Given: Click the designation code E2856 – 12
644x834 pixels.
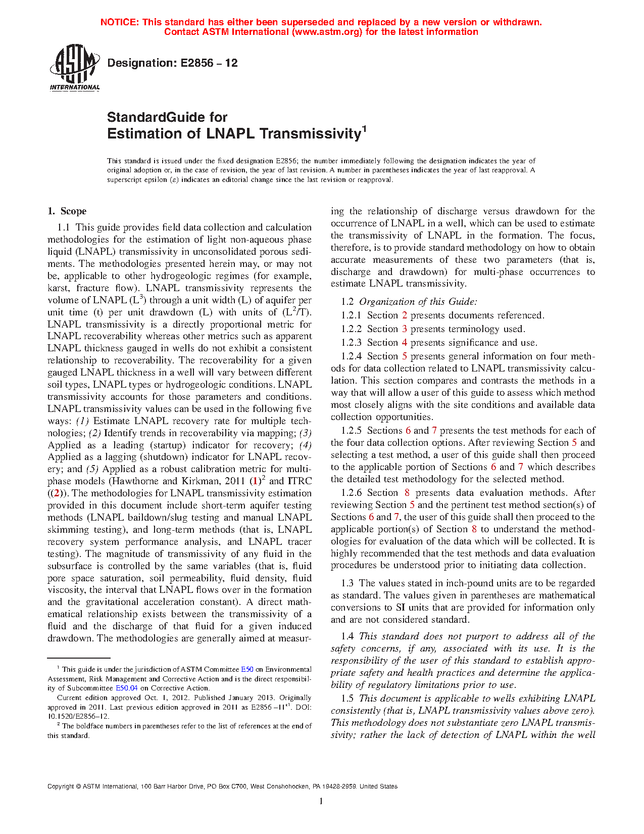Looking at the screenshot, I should pyautogui.click(x=172, y=63).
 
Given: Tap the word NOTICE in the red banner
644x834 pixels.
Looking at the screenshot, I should pyautogui.click(x=119, y=22).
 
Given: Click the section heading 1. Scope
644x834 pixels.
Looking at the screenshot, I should pyautogui.click(x=67, y=211).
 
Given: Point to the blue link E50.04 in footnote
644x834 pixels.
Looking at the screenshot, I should pyautogui.click(x=127, y=688).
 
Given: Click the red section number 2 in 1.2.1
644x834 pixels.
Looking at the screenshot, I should pyautogui.click(x=405, y=315).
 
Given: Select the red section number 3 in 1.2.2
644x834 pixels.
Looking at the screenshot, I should pyautogui.click(x=405, y=329).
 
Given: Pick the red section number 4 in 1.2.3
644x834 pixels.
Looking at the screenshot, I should pyautogui.click(x=405, y=343).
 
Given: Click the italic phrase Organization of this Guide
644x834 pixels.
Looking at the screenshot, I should pyautogui.click(x=417, y=302).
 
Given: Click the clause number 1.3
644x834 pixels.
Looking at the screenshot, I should pyautogui.click(x=348, y=583).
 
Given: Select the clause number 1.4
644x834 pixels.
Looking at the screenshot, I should pyautogui.click(x=348, y=636).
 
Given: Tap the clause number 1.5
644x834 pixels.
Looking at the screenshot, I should pyautogui.click(x=348, y=699).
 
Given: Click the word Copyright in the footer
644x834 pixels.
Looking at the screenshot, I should pyautogui.click(x=60, y=786).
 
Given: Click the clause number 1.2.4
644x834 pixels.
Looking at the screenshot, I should pyautogui.click(x=352, y=356).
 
